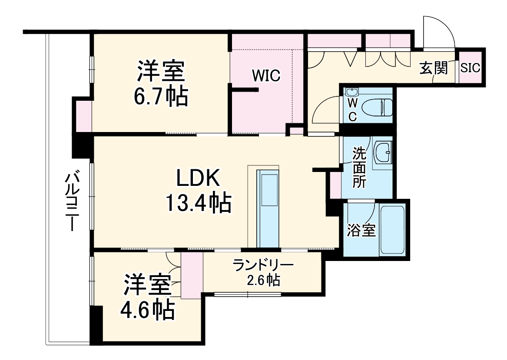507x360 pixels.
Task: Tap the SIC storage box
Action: pos(471,68)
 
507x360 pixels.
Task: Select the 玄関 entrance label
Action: pos(433,68)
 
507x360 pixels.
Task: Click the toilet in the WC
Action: pos(381,107)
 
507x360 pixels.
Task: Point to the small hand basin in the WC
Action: pos(351,92)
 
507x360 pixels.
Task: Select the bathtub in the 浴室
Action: pos(392,230)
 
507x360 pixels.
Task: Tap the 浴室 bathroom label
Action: pos(361,231)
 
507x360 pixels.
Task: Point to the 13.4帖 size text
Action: pos(198,202)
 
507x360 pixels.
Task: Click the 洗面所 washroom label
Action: pos(359,167)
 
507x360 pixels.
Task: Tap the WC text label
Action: pos(352,110)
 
